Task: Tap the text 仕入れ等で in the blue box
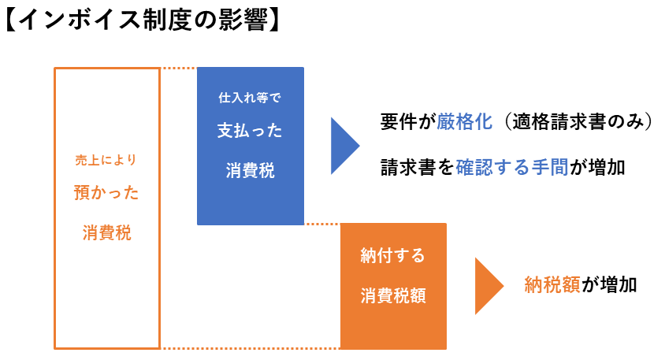[250, 98]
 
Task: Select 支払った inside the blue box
[250, 130]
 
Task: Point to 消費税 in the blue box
[251, 170]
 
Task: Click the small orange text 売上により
[106, 160]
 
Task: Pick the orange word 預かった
[106, 192]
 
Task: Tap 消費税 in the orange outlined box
[107, 233]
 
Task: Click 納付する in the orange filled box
[392, 255]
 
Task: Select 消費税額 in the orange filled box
[393, 295]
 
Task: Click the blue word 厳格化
[464, 121]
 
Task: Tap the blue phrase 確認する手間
[512, 167]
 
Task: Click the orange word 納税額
[552, 284]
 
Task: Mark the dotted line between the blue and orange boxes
[322, 224]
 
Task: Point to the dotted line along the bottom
[251, 348]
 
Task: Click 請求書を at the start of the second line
[418, 167]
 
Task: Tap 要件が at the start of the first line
[408, 121]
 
